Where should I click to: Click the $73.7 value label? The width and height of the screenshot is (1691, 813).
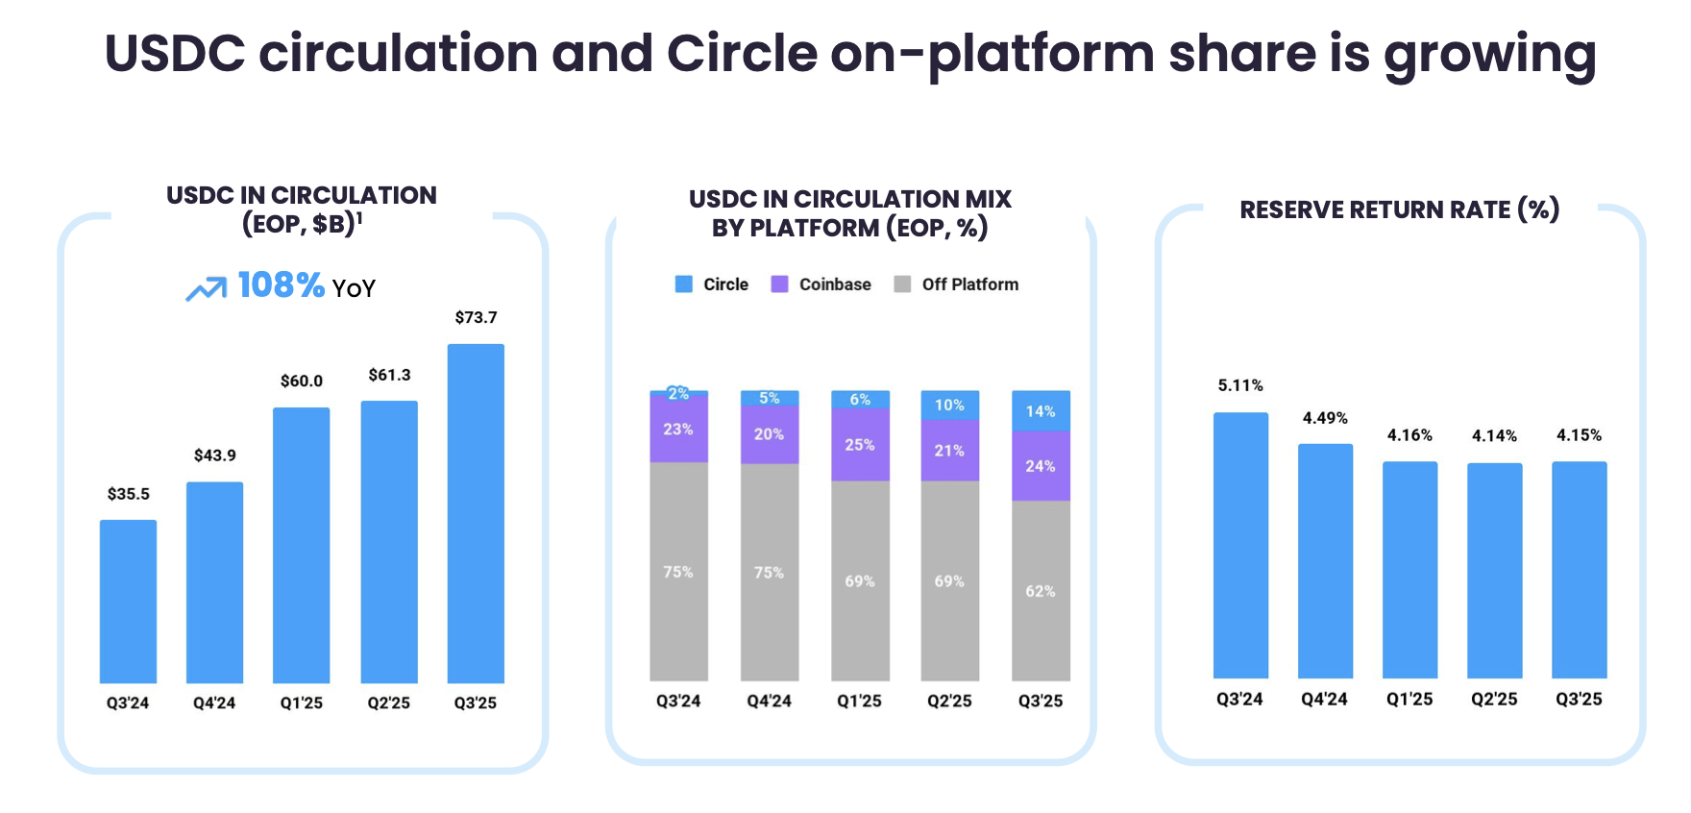(x=476, y=317)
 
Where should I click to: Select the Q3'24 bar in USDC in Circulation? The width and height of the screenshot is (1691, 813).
(x=128, y=601)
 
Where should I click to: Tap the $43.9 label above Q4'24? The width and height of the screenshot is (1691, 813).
(x=214, y=456)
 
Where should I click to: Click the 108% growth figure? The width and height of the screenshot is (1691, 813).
(x=281, y=285)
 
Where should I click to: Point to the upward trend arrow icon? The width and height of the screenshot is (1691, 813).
(x=206, y=288)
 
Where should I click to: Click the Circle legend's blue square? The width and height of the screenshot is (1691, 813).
(x=684, y=284)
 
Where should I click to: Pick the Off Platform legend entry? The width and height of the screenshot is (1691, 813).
(x=957, y=284)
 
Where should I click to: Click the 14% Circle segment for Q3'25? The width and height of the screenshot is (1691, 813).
(x=1041, y=411)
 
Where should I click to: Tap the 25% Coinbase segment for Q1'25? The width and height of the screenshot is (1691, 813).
(x=860, y=445)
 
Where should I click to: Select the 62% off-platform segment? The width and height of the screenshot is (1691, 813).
(x=1041, y=591)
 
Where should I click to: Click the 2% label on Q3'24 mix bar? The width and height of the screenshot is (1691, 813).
(x=678, y=394)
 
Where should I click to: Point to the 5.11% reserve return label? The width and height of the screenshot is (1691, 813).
(x=1240, y=385)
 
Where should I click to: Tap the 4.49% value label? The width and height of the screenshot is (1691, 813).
(x=1325, y=418)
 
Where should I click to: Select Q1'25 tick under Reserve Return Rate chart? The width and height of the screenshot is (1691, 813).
(x=1409, y=700)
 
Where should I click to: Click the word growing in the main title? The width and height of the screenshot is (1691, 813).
(x=1489, y=54)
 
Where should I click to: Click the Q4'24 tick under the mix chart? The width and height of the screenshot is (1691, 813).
(x=769, y=702)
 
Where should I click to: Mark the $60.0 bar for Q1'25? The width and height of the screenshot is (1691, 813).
(x=301, y=545)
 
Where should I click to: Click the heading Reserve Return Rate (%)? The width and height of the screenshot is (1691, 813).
(x=1399, y=209)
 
